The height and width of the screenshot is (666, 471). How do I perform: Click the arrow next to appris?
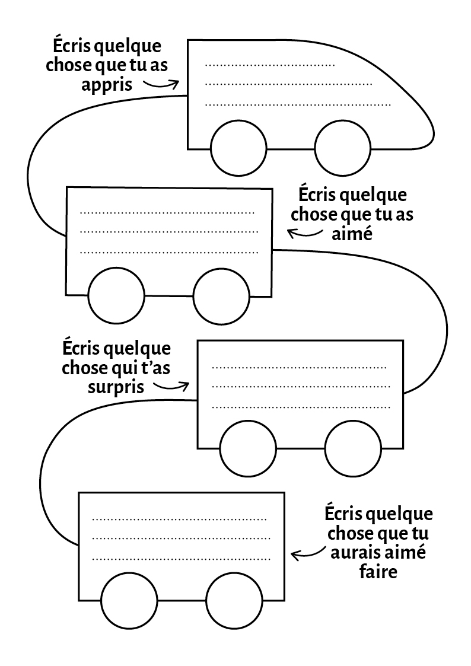(x=161, y=85)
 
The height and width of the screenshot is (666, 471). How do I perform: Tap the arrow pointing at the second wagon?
(x=305, y=233)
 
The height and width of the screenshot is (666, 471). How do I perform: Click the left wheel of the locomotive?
(x=238, y=148)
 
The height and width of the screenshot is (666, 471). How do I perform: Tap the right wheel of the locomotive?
(x=342, y=148)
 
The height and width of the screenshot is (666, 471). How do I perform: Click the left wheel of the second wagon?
(x=116, y=296)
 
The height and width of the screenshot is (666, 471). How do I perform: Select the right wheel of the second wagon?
(x=221, y=296)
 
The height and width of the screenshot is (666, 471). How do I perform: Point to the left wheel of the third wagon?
(x=248, y=448)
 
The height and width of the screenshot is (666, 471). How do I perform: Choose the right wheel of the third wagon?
(x=353, y=448)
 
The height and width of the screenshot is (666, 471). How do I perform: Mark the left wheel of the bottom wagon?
(x=129, y=601)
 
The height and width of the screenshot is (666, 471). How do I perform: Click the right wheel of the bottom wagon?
(x=234, y=601)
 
